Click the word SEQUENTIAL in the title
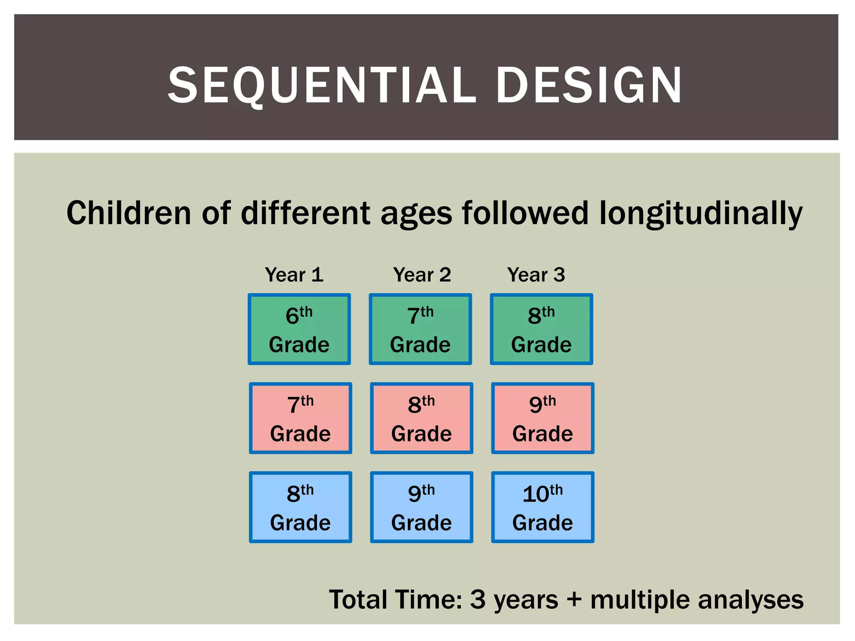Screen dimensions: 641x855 321,86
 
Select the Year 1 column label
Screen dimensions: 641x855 294,275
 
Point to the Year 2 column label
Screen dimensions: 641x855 422,275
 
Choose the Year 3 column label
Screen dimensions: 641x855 536,275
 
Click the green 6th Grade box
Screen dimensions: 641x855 299,329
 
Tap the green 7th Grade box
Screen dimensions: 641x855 420,329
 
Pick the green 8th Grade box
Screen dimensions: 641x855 541,329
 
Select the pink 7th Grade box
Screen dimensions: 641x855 301,418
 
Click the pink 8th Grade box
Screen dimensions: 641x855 422,418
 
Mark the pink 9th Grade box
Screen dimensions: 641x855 543,418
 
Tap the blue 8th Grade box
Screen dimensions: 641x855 301,507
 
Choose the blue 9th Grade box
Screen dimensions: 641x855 422,507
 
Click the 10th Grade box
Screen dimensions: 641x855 543,507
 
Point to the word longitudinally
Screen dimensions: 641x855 701,214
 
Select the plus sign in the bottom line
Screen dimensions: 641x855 574,600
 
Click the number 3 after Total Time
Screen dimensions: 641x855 478,599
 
